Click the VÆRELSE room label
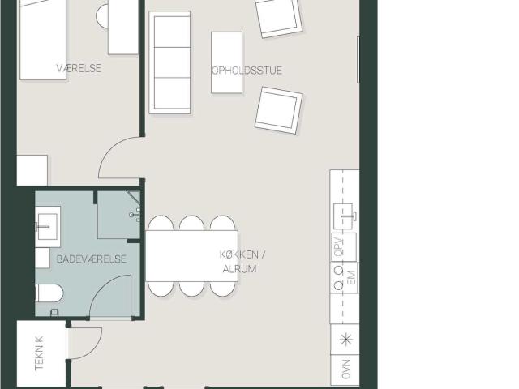[x=79, y=68]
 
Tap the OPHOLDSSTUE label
[x=247, y=71]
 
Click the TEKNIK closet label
[x=39, y=353]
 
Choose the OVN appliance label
[x=345, y=368]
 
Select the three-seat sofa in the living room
[x=170, y=62]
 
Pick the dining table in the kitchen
[x=180, y=255]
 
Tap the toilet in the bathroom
[x=49, y=294]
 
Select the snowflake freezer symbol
[x=345, y=339]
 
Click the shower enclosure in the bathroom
[x=117, y=215]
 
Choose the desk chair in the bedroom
[x=103, y=15]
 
